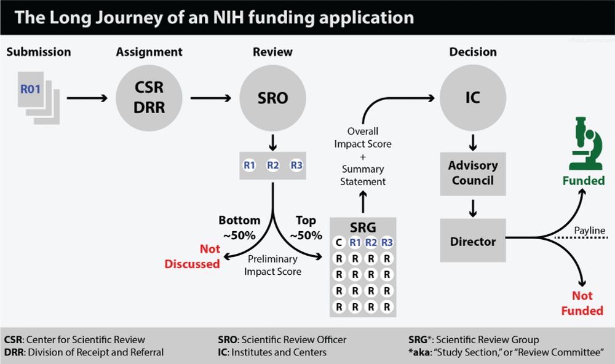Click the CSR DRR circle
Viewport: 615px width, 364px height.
point(149,98)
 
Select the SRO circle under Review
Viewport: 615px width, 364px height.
point(272,98)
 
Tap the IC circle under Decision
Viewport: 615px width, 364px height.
point(473,98)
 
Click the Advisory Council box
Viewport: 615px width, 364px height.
point(473,173)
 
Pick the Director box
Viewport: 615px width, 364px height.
point(473,242)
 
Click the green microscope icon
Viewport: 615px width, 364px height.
point(585,146)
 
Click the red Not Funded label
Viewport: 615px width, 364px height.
point(582,304)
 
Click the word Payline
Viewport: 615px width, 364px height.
point(590,231)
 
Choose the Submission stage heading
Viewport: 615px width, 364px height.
point(39,52)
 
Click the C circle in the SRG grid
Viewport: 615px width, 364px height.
point(338,242)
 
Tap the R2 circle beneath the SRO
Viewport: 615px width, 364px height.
point(272,165)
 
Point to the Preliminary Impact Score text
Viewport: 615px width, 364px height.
point(272,265)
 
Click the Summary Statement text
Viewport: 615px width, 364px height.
point(363,175)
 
